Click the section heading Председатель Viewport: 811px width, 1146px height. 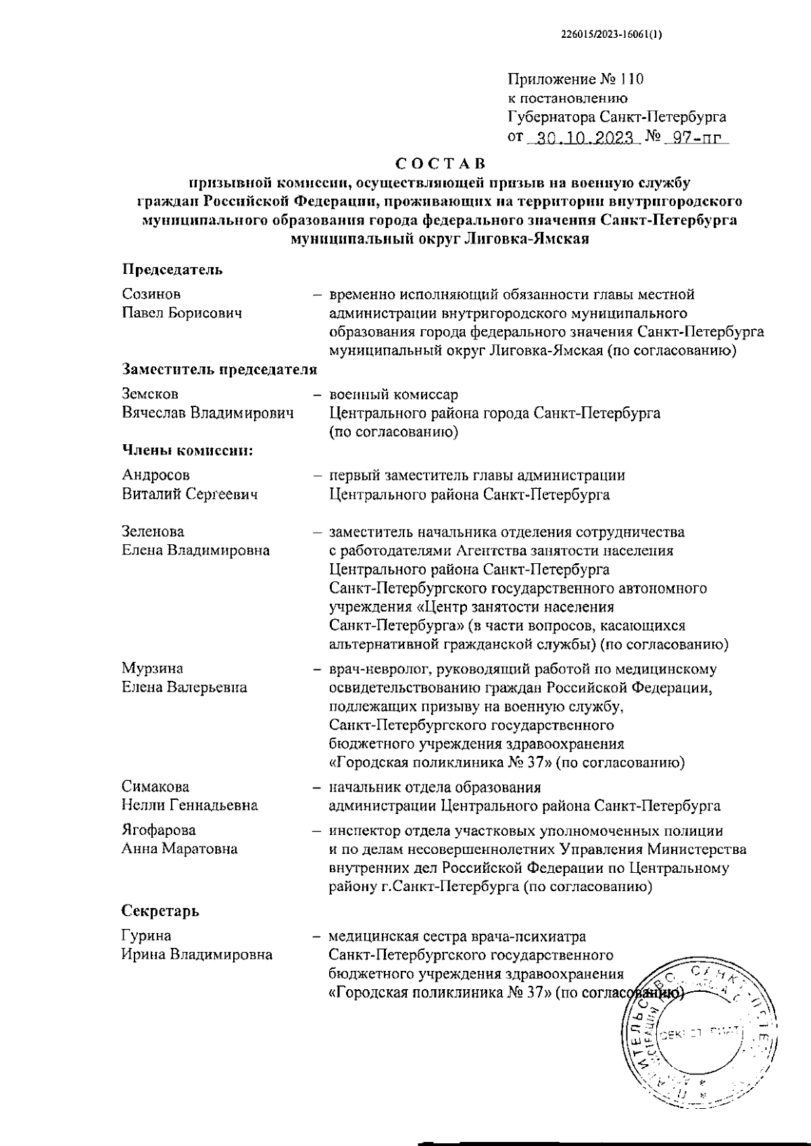point(172,270)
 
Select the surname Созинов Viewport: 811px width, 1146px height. point(151,294)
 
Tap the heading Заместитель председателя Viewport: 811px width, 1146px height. point(220,369)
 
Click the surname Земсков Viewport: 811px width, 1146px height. point(150,393)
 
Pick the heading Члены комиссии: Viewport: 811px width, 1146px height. point(187,450)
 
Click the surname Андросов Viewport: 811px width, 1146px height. point(156,475)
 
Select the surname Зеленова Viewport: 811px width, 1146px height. point(153,531)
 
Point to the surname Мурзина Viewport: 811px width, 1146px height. point(152,669)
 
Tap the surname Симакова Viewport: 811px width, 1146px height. point(155,787)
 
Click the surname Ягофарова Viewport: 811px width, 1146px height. point(159,830)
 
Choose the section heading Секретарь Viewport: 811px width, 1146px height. point(161,911)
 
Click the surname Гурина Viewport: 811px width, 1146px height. point(146,936)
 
